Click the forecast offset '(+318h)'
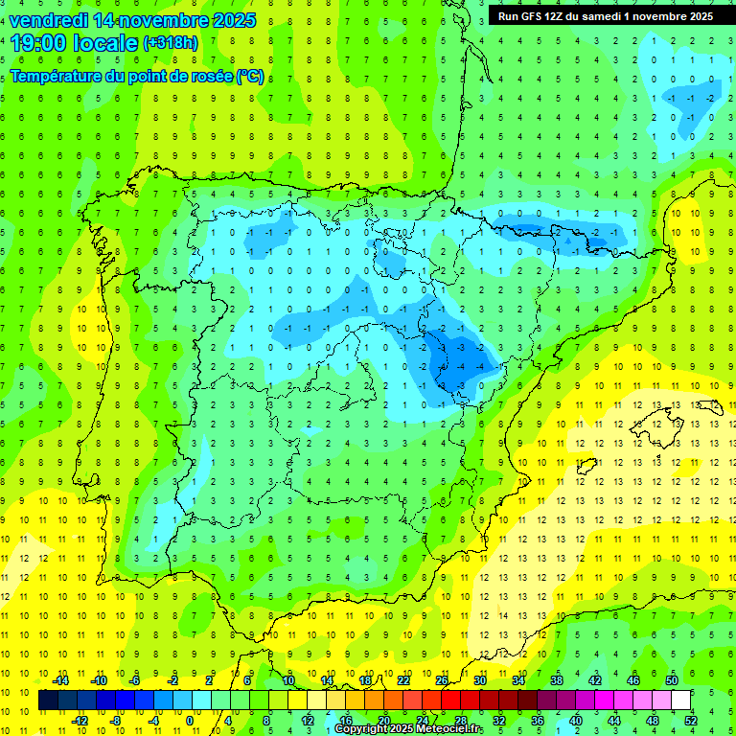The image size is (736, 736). click(x=170, y=43)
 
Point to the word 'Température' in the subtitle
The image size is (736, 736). click(x=58, y=76)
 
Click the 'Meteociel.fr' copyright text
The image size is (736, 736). click(x=443, y=729)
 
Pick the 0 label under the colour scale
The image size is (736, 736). click(x=190, y=720)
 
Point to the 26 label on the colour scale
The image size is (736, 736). click(x=442, y=680)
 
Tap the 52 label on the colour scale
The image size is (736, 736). click(x=691, y=720)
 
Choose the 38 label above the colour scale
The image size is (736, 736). click(x=557, y=680)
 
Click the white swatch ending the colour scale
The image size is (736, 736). click(x=680, y=700)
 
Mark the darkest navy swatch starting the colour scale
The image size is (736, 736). click(x=48, y=700)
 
